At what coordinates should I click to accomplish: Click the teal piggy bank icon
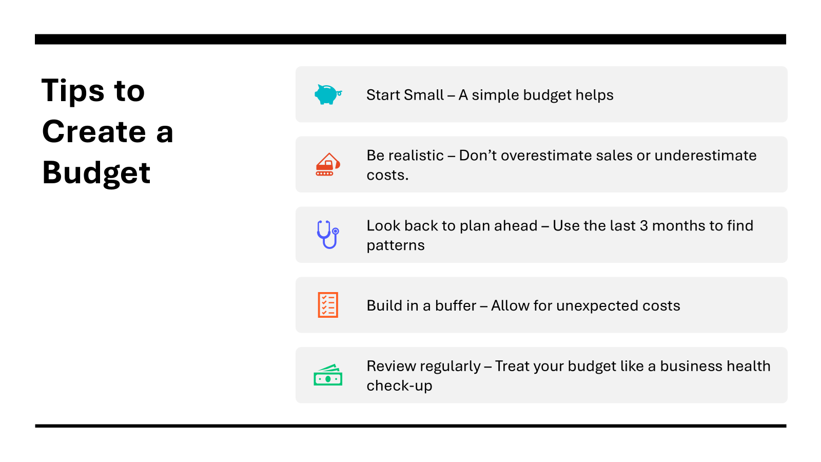point(328,94)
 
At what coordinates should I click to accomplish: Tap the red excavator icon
point(328,165)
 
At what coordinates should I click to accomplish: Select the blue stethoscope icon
point(328,235)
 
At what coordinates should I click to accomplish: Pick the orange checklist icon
point(328,305)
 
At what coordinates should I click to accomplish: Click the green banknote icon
point(328,375)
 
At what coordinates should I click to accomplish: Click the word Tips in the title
point(73,91)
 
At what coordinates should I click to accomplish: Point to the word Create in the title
point(94,131)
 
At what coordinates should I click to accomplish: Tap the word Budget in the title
point(96,173)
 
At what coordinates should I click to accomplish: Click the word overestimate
point(546,156)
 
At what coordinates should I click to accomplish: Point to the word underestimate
point(706,156)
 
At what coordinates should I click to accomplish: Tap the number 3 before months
point(643,226)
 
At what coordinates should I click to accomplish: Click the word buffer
point(456,305)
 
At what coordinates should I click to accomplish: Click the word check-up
point(399,386)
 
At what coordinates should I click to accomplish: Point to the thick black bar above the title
point(411,39)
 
